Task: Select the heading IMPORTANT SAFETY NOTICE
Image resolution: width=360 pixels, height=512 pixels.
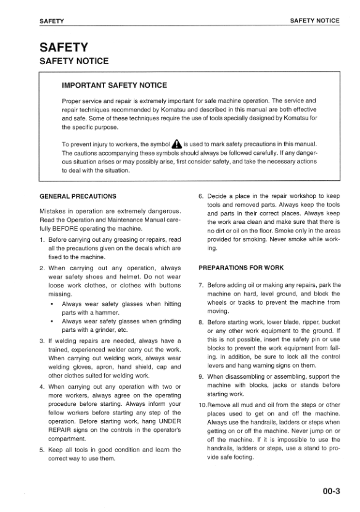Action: [x=114, y=85]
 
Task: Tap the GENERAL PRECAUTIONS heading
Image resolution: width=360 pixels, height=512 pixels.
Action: [x=77, y=196]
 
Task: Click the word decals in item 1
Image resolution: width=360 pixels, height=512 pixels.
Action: [x=134, y=248]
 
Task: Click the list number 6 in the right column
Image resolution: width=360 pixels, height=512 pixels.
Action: [x=201, y=196]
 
